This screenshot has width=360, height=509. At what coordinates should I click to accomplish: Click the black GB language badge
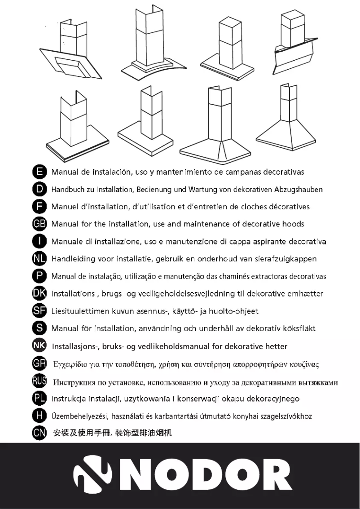pos(40,224)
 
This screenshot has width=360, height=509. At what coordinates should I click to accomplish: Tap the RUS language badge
pos(40,382)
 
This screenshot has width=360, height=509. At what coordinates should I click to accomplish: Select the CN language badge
pos(40,434)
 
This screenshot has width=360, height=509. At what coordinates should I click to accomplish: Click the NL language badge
pos(40,259)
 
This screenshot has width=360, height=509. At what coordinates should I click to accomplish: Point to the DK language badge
pos(40,294)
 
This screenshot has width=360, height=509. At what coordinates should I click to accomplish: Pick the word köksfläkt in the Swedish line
pos(296,328)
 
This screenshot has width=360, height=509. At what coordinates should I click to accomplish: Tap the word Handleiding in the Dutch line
pos(73,259)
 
